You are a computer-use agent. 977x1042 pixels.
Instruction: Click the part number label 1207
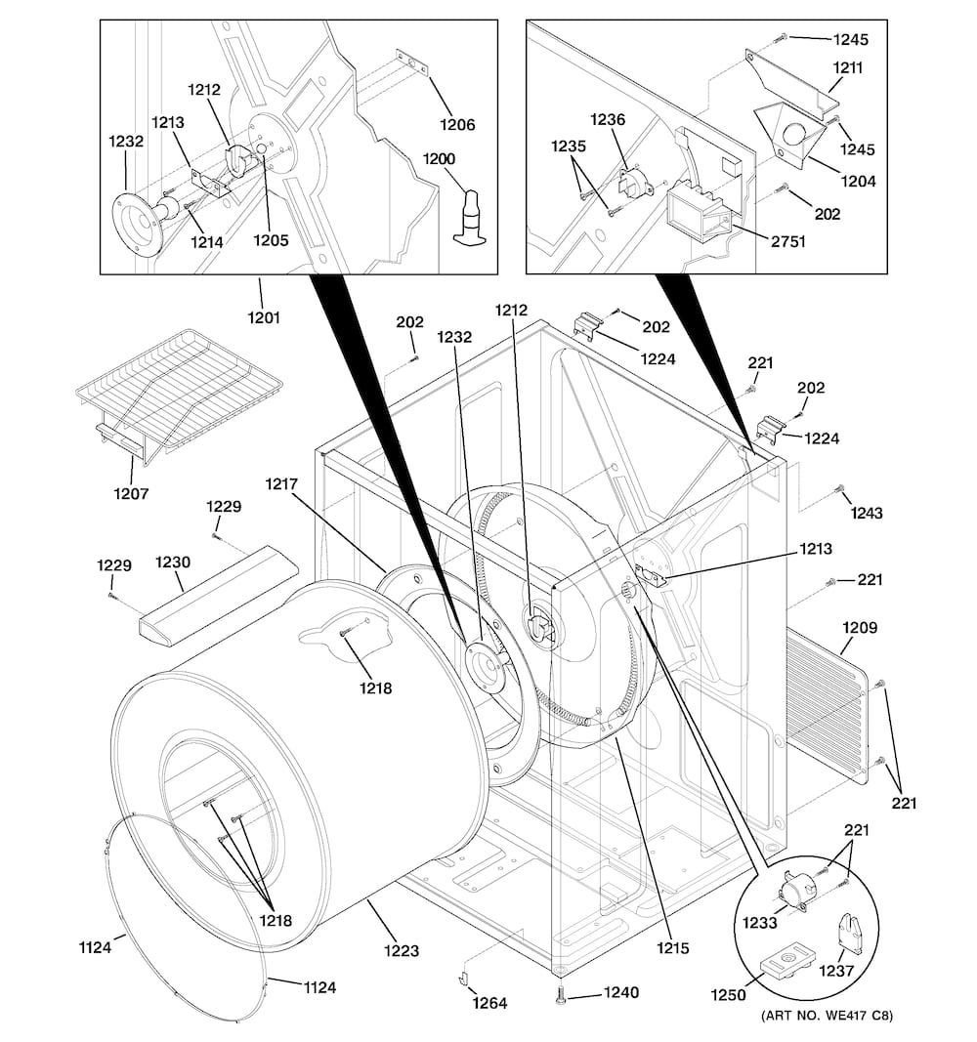tap(131, 494)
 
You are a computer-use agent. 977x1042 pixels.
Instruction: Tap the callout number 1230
tap(173, 563)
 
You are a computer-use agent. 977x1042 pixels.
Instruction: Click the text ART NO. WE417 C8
tap(827, 1016)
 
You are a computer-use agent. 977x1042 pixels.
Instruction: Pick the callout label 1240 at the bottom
tap(621, 993)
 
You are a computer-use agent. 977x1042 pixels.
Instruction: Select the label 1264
tap(489, 1003)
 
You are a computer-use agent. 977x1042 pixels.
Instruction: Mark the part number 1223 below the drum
tap(401, 950)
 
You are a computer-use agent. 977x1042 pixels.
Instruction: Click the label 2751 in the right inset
tap(786, 241)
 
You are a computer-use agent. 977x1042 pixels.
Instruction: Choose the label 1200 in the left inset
tap(440, 158)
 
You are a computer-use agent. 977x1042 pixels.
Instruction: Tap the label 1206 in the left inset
tap(456, 124)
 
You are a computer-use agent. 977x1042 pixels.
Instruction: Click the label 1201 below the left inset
tap(263, 316)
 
